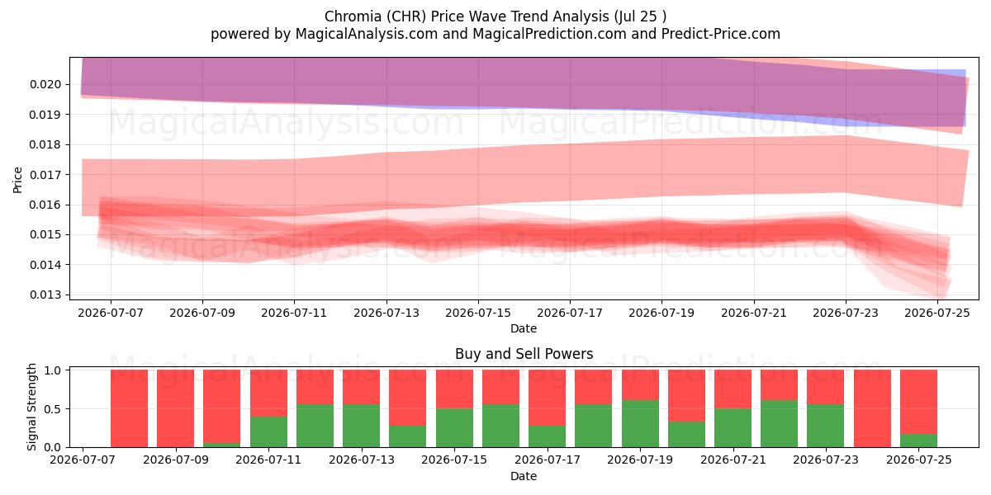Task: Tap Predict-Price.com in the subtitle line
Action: (x=721, y=34)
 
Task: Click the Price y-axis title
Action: (x=17, y=180)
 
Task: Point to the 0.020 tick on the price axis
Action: (x=45, y=84)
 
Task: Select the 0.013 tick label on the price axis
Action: (x=45, y=295)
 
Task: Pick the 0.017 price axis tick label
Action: (x=45, y=175)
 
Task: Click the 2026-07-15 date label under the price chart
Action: (x=478, y=313)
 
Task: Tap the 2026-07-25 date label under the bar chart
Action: (x=919, y=460)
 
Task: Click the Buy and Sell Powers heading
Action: (x=524, y=354)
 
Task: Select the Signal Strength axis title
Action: (x=31, y=407)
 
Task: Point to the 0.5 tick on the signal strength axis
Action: (x=53, y=409)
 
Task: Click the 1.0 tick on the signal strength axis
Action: (x=53, y=370)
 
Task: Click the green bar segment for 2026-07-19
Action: (x=640, y=424)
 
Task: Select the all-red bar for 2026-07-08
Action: (x=129, y=408)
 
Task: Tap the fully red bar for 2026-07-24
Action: (x=872, y=408)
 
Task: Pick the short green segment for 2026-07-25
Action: (x=918, y=441)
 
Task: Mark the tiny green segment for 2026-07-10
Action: (x=221, y=445)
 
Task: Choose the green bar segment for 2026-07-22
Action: (x=779, y=424)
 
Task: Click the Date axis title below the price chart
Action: (x=524, y=329)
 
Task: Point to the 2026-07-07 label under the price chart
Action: (x=111, y=313)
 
